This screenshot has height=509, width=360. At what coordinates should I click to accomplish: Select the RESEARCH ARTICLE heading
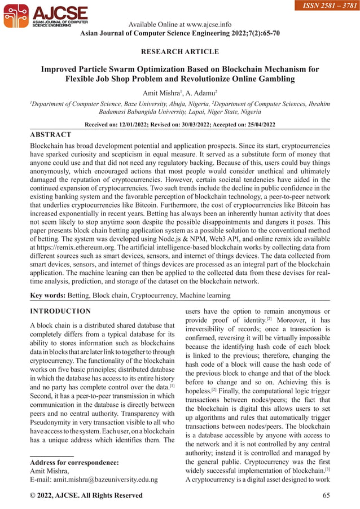(x=179, y=52)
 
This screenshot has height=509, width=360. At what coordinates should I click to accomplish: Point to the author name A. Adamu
(x=200, y=91)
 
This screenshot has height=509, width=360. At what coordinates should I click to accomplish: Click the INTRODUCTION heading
(x=60, y=311)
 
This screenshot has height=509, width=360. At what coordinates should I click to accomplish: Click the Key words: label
(x=47, y=295)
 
